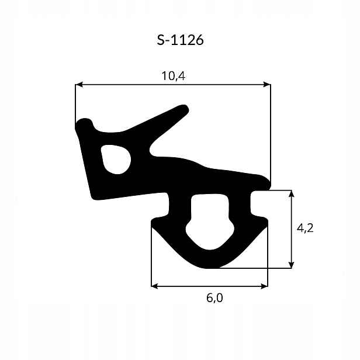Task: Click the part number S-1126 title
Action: coord(180,40)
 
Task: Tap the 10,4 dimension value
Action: coord(174,76)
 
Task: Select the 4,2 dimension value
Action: coord(305,229)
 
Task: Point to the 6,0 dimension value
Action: coord(214,298)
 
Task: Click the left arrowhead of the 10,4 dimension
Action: coord(78,85)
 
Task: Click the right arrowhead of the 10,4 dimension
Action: coord(267,85)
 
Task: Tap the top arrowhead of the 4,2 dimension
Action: coord(292,193)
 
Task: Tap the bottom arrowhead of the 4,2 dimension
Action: coord(292,265)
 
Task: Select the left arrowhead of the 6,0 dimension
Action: coord(154,286)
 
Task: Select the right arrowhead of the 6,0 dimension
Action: coord(265,286)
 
